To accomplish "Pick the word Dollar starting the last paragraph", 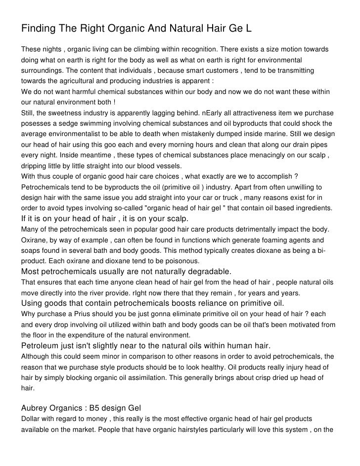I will click(x=31, y=419).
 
